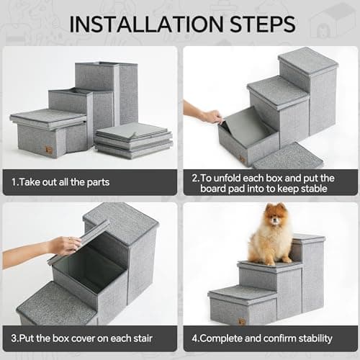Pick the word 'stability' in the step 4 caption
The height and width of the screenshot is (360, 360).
coord(310,338)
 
